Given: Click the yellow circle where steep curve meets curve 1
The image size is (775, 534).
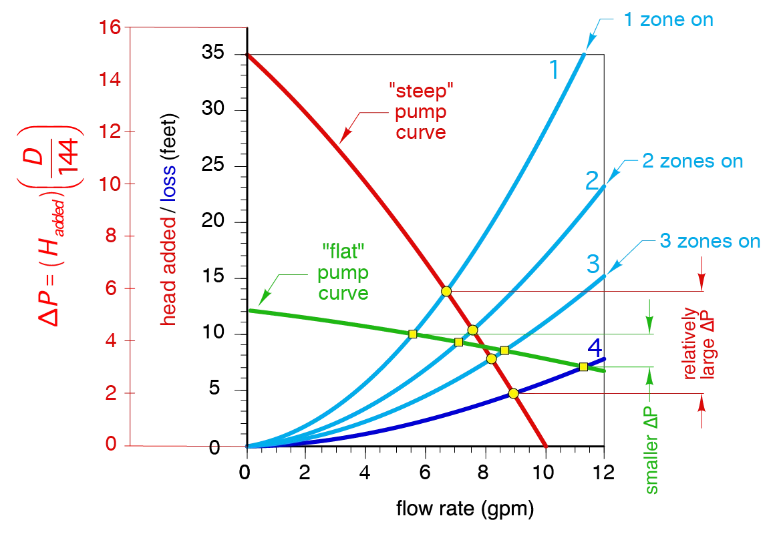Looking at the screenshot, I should (x=446, y=291).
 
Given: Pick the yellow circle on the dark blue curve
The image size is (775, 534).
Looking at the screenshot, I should (x=513, y=393).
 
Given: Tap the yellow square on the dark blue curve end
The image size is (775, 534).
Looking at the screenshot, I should (x=583, y=366).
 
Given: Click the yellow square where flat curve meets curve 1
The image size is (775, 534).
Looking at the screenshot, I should (x=413, y=334).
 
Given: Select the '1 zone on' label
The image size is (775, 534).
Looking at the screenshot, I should (x=668, y=19).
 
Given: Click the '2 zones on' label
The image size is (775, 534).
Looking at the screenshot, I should (x=691, y=162).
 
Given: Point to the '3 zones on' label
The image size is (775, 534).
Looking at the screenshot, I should (x=710, y=242).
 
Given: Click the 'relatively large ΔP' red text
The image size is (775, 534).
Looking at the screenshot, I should (x=699, y=343).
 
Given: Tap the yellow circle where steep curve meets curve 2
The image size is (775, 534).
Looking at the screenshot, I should (x=472, y=330).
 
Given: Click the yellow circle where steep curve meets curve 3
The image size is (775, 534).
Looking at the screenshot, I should (x=492, y=358).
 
